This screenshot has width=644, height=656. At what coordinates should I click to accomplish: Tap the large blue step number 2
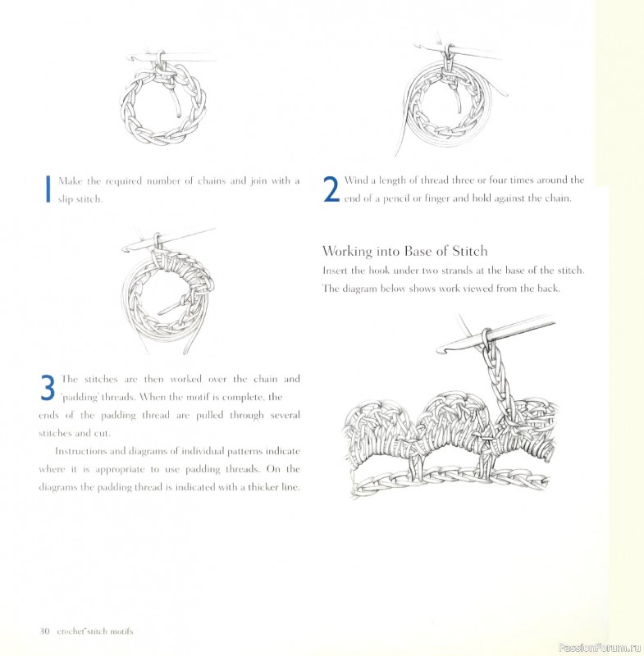click(331, 189)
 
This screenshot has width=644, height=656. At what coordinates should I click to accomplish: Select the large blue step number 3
click(48, 387)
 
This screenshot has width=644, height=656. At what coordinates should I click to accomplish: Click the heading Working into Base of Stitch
click(405, 251)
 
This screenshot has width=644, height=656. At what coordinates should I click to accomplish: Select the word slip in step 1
click(66, 200)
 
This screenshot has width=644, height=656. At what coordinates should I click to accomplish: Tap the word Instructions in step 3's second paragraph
click(86, 452)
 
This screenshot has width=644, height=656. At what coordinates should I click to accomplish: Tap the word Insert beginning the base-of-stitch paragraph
click(337, 270)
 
